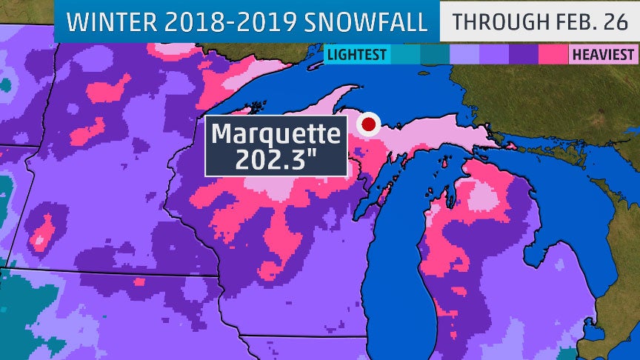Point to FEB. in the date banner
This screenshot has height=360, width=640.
576,21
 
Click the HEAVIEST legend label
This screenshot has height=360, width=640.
601,54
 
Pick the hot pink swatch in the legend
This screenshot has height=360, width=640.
553,54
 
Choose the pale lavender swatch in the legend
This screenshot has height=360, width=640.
464,54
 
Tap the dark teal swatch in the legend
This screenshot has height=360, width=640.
435,54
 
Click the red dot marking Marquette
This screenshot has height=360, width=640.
367,124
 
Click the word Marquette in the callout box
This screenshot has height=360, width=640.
276,136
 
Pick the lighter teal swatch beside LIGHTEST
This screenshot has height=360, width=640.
405,54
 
